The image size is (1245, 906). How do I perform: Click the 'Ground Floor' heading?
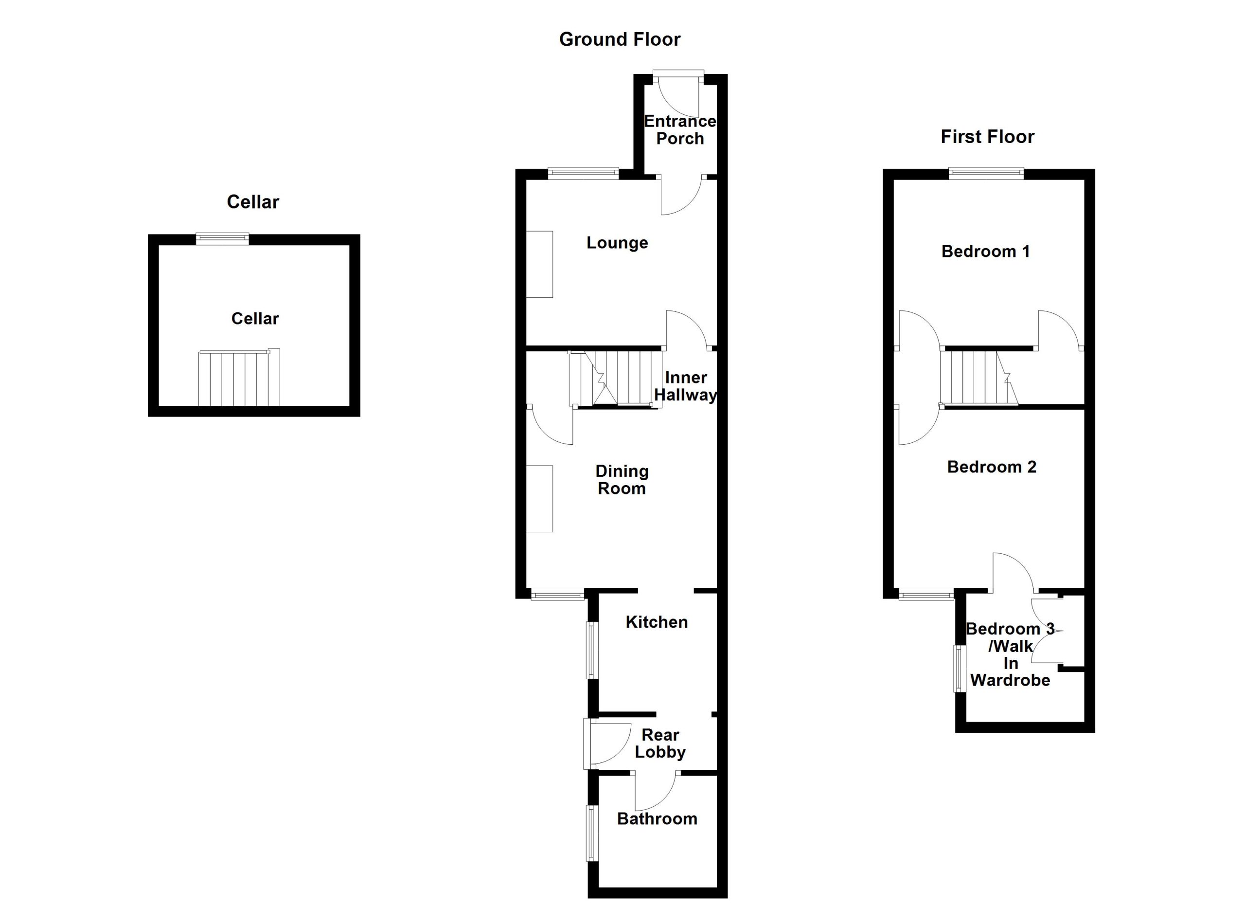tap(620, 39)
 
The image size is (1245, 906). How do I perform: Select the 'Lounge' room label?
tap(617, 243)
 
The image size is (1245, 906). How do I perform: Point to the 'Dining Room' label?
tap(622, 479)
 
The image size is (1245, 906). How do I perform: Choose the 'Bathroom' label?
tap(657, 819)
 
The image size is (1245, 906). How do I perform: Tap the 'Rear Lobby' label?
tap(660, 743)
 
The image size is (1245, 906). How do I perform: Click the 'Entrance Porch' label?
tap(679, 129)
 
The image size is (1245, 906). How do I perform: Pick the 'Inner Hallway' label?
tap(685, 386)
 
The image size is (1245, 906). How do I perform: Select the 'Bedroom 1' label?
tap(985, 252)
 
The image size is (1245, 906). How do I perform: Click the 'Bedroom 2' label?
tap(992, 467)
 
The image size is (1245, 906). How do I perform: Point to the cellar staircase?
tap(239, 377)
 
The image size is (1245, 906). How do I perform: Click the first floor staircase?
tap(979, 378)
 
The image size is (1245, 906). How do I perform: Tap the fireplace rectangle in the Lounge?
tap(540, 264)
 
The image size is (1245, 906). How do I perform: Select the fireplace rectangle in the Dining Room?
tap(540, 499)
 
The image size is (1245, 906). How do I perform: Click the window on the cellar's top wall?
tap(222, 238)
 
